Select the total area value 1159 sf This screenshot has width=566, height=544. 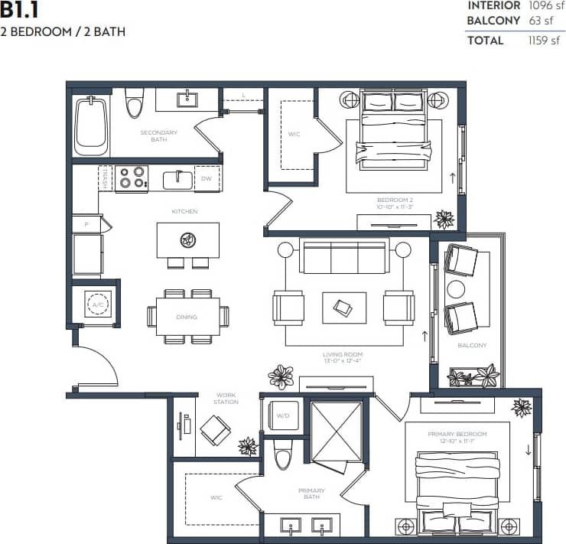tap(544, 41)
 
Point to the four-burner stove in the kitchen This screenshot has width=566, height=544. tap(131, 178)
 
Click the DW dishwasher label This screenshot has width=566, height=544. tap(206, 179)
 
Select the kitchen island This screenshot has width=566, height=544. tap(187, 240)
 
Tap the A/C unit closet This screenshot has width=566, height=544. tap(97, 305)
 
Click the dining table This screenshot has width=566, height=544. tap(187, 316)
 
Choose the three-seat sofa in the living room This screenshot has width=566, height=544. tap(344, 257)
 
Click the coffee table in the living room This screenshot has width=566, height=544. tap(343, 308)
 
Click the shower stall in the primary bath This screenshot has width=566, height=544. tap(337, 431)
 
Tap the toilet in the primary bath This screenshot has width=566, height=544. tap(283, 454)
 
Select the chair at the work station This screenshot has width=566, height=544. tap(216, 430)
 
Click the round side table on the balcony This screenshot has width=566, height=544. tap(457, 289)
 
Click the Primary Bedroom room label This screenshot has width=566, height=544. tap(457, 434)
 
